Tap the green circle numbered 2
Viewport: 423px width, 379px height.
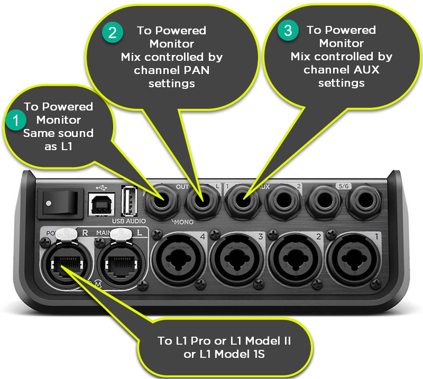click(113, 33)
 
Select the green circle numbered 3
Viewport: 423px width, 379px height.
click(288, 31)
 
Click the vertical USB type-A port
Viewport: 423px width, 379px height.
click(127, 201)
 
